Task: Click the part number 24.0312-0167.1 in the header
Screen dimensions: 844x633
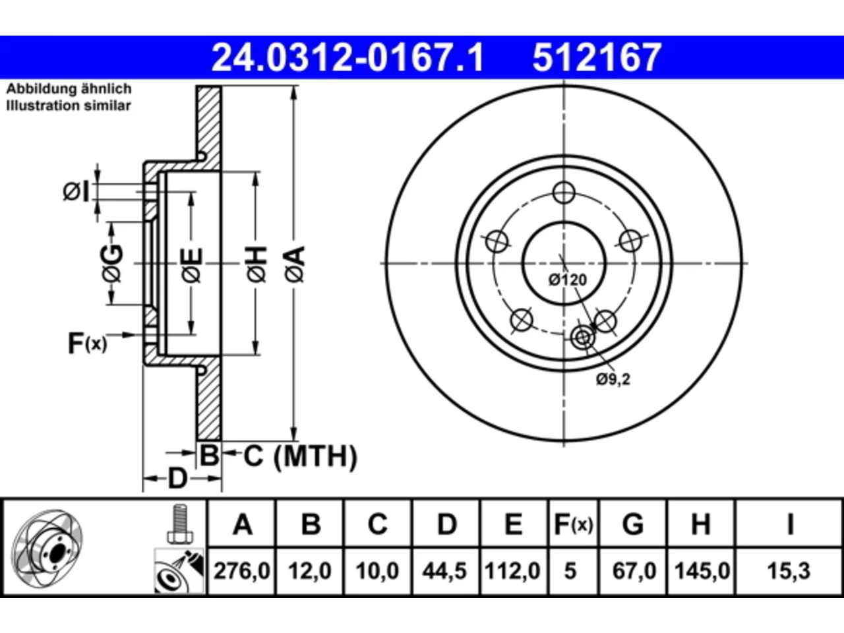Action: (347, 57)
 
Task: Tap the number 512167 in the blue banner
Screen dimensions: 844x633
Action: (597, 57)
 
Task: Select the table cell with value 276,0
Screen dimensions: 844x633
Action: (241, 571)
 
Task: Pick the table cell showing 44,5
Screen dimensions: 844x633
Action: (445, 571)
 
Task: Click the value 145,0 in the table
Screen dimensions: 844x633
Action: (702, 571)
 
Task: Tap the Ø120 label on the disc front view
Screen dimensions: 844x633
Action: (568, 280)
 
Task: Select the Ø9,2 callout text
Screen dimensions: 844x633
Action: (613, 380)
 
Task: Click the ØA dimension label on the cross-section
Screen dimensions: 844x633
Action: (295, 265)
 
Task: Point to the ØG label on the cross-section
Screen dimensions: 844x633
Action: (113, 263)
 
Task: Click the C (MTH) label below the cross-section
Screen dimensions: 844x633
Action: (301, 456)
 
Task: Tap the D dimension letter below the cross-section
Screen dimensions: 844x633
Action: (177, 479)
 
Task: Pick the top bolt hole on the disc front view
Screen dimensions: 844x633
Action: (564, 193)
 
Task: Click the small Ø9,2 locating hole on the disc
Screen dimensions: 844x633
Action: (583, 338)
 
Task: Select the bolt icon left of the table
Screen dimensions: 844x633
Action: (179, 524)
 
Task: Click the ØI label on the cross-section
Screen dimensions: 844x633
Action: (76, 192)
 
